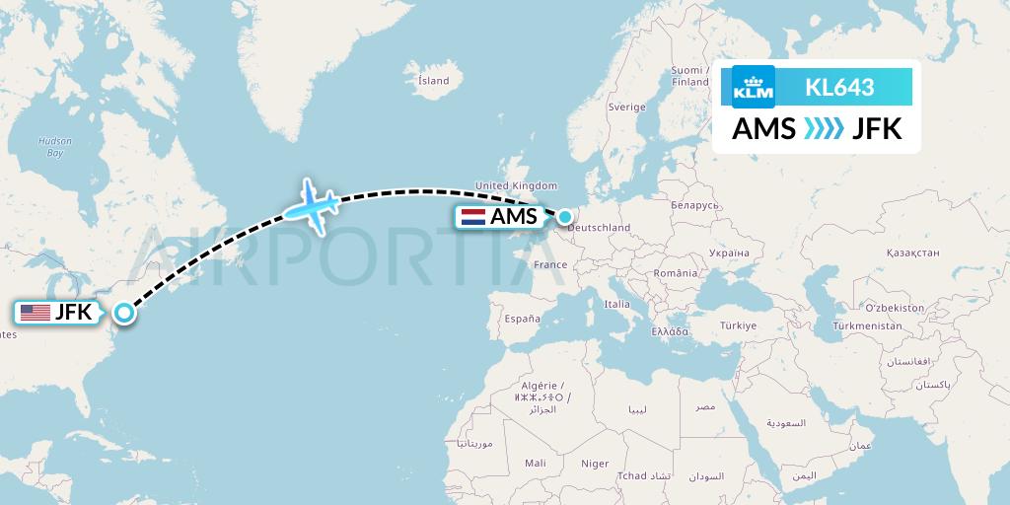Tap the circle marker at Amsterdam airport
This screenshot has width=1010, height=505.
coord(565,216)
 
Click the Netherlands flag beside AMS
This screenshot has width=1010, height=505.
coord(472,217)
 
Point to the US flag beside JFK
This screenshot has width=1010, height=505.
coord(36,313)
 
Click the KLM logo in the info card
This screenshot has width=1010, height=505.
coord(754,87)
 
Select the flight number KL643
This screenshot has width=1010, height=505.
coord(839,87)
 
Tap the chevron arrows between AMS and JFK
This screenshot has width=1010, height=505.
coord(824,129)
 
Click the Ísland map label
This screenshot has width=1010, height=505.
coord(433,81)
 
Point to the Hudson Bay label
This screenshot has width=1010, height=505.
coord(55,147)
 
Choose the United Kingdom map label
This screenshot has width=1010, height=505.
coord(516,185)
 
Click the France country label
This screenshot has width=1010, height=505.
coord(549,264)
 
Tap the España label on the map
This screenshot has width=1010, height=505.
coord(522,319)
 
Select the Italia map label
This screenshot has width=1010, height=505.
coord(617,305)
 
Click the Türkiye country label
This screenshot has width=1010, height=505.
coord(738,325)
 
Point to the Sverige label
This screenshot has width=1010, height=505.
coord(626,107)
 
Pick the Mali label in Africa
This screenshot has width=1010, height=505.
coord(536,463)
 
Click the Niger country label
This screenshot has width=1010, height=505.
coord(595,463)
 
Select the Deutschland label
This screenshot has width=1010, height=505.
coord(599,228)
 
